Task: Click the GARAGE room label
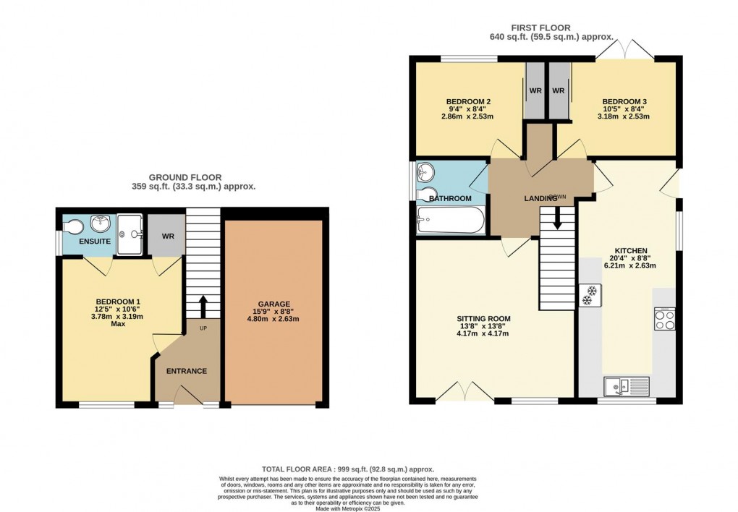pos(273,304)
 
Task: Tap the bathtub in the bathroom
pos(450,220)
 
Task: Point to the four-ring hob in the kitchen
pos(664,318)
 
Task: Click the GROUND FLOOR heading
pos(185,177)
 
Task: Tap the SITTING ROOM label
pos(483,318)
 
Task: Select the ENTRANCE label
pos(187,371)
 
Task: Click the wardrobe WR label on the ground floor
pos(166,236)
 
